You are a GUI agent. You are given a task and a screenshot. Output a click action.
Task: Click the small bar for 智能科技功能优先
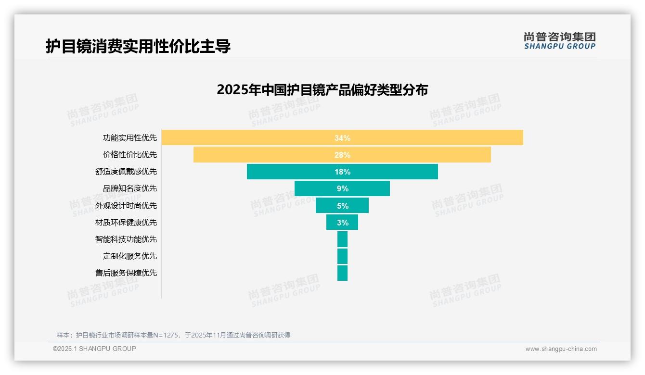[x=342, y=239]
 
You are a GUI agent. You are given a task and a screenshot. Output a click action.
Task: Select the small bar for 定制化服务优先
[x=342, y=256]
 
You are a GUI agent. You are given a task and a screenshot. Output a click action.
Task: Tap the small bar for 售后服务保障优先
[x=342, y=273]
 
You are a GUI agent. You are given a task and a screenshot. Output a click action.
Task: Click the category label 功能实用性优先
[x=130, y=138]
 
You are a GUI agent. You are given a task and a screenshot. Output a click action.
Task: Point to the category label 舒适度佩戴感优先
[x=126, y=172]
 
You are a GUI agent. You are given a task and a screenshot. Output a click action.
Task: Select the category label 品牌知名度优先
[x=130, y=188]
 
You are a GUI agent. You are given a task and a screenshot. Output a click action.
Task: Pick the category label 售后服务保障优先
[x=126, y=273]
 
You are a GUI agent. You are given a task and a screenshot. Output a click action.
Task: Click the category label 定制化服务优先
[x=130, y=256]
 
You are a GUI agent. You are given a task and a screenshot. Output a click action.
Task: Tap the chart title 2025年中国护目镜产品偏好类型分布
[x=322, y=90]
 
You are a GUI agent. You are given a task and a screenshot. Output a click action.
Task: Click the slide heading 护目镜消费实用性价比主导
[x=138, y=46]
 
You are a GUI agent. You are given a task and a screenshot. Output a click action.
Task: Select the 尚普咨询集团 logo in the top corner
[x=559, y=41]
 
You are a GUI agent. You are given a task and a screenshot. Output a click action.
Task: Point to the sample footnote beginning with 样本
[x=173, y=335]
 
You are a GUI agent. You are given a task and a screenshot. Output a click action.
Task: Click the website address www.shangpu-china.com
[x=561, y=349]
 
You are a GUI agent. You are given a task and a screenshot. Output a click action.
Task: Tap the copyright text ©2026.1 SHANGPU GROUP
[x=94, y=349]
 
